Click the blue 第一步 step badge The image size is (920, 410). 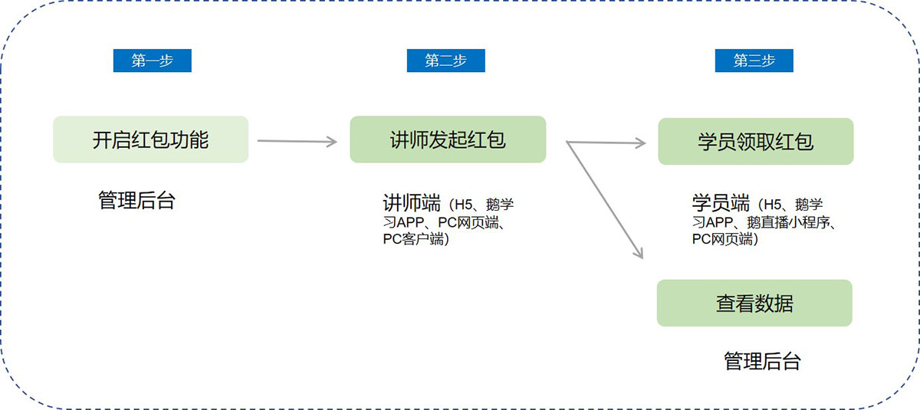coord(152,61)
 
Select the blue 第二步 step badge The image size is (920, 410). coord(445,61)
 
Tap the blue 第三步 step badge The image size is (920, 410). coord(754,61)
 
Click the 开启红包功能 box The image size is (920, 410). coord(150,139)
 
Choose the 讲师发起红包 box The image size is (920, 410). coord(448,139)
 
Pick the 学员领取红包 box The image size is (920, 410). coord(755,141)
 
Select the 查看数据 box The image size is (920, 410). coord(754,303)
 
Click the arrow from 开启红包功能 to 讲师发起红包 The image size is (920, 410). coord(297,141)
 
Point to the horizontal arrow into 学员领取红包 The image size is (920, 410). coord(606,142)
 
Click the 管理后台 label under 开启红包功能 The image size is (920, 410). coord(137,201)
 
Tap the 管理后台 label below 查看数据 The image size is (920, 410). coord(762,361)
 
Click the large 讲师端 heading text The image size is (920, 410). coord(412,204)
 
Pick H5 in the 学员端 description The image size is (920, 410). coord(773,205)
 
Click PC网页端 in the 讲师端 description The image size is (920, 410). coord(470,223)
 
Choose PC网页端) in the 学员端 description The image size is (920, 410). coord(725,239)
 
